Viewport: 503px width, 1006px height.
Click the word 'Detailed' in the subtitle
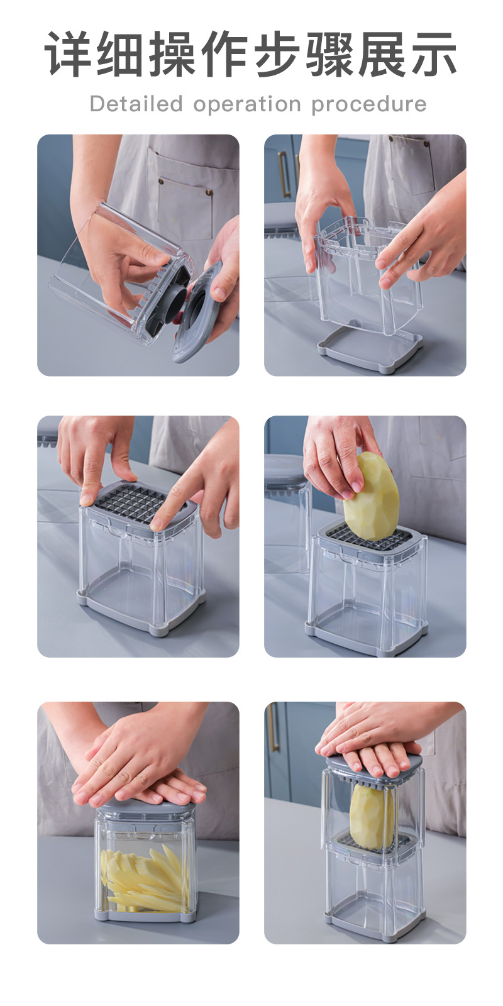[136, 104]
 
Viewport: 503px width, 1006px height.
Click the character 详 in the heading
[70, 53]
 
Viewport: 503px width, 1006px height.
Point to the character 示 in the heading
[433, 53]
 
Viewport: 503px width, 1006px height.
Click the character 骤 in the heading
[329, 53]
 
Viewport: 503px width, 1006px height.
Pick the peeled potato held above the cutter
[370, 495]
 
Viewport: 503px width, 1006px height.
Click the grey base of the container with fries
[145, 914]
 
